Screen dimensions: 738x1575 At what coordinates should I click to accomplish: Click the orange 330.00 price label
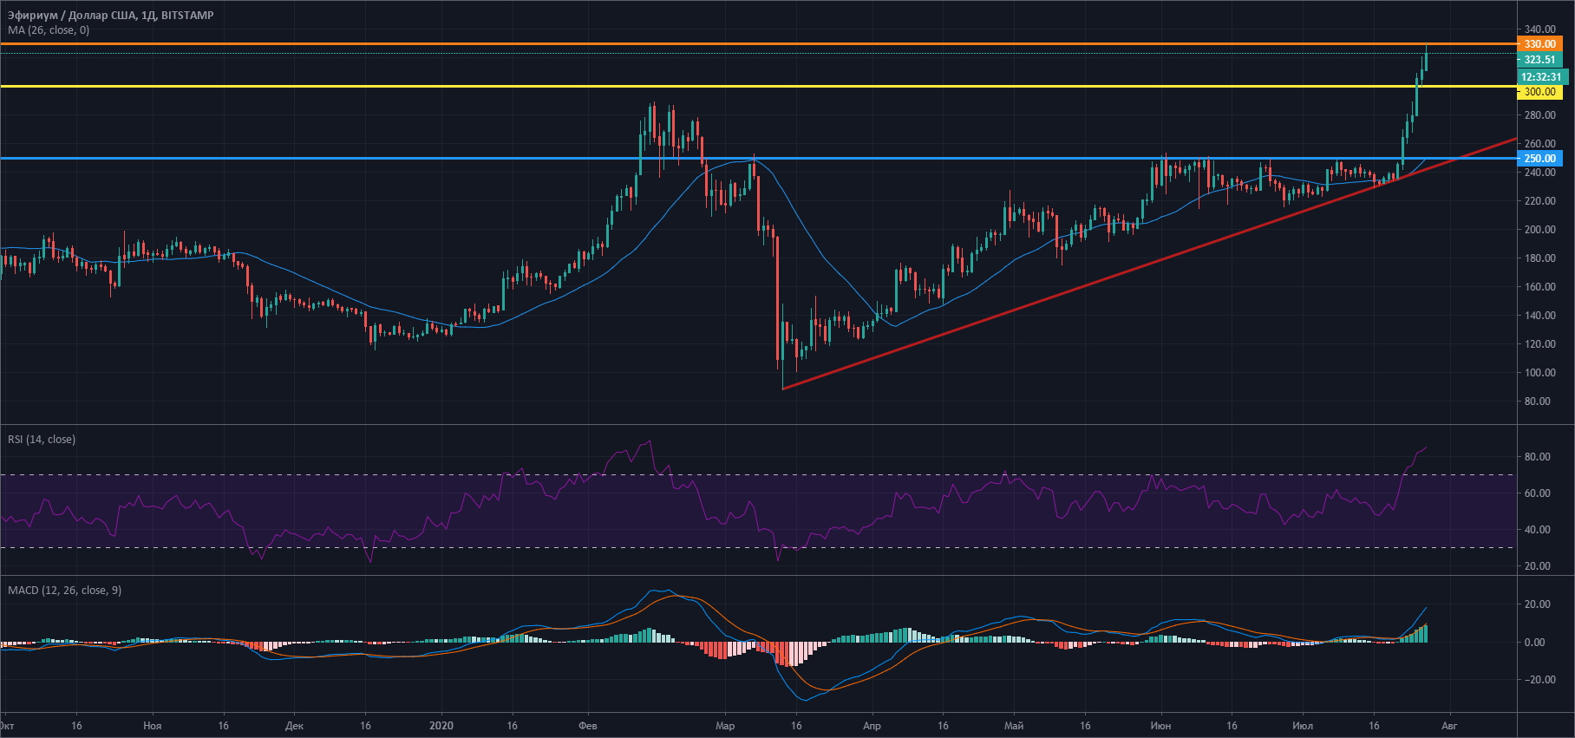1539,43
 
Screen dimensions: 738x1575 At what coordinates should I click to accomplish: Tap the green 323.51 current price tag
1539,60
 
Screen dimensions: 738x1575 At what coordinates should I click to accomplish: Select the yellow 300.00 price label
1539,92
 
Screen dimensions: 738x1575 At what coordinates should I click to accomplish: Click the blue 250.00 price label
1539,159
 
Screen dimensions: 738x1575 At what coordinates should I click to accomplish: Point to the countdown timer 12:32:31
1541,77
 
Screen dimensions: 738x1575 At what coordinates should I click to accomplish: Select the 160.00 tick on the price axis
1539,287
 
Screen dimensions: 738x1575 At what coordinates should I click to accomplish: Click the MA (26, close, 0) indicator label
49,30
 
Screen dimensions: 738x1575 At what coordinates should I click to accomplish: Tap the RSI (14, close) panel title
42,440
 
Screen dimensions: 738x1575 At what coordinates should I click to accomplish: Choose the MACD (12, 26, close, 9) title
64,591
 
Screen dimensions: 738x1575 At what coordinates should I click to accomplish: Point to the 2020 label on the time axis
441,726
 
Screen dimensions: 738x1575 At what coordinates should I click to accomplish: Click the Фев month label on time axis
587,726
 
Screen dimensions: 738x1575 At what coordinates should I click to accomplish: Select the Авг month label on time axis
1449,726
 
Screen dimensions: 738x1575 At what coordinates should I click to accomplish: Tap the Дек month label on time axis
294,726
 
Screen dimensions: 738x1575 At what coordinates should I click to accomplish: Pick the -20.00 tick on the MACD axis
1535,680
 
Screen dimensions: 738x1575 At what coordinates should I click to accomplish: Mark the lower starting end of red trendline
783,389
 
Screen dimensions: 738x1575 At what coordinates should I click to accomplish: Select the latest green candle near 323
1425,65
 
